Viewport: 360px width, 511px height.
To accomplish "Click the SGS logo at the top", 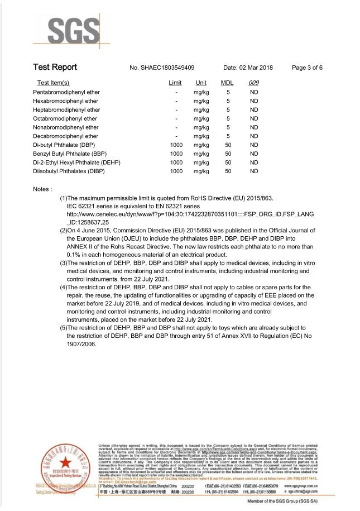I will [x=70, y=32].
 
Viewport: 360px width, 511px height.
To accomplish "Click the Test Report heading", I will [x=55, y=68].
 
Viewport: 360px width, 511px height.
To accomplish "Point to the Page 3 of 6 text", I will [x=307, y=68].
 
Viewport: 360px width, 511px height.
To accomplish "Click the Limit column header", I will [x=175, y=83].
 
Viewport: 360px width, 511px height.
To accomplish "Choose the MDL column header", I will [x=227, y=83].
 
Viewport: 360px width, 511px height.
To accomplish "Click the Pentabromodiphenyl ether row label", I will [x=66, y=92].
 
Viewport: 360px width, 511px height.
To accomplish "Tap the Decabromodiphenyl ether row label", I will [x=66, y=136].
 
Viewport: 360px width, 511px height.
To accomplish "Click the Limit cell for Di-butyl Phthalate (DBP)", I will [x=176, y=145].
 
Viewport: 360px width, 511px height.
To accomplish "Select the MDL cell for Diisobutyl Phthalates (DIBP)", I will [x=228, y=171].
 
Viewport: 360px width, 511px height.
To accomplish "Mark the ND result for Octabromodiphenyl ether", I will [x=254, y=118].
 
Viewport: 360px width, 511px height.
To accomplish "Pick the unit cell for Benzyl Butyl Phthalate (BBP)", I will [x=201, y=154].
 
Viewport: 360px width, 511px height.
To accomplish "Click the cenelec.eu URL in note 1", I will [x=190, y=214].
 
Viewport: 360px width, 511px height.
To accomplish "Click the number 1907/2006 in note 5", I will [x=81, y=344].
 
